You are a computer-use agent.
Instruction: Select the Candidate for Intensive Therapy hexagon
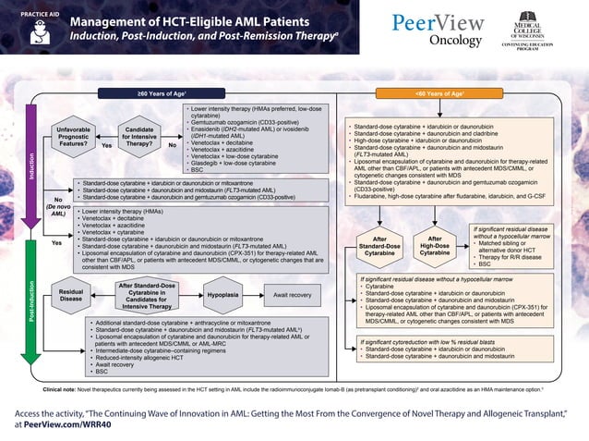138,137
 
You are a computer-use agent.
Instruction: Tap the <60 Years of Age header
439,93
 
